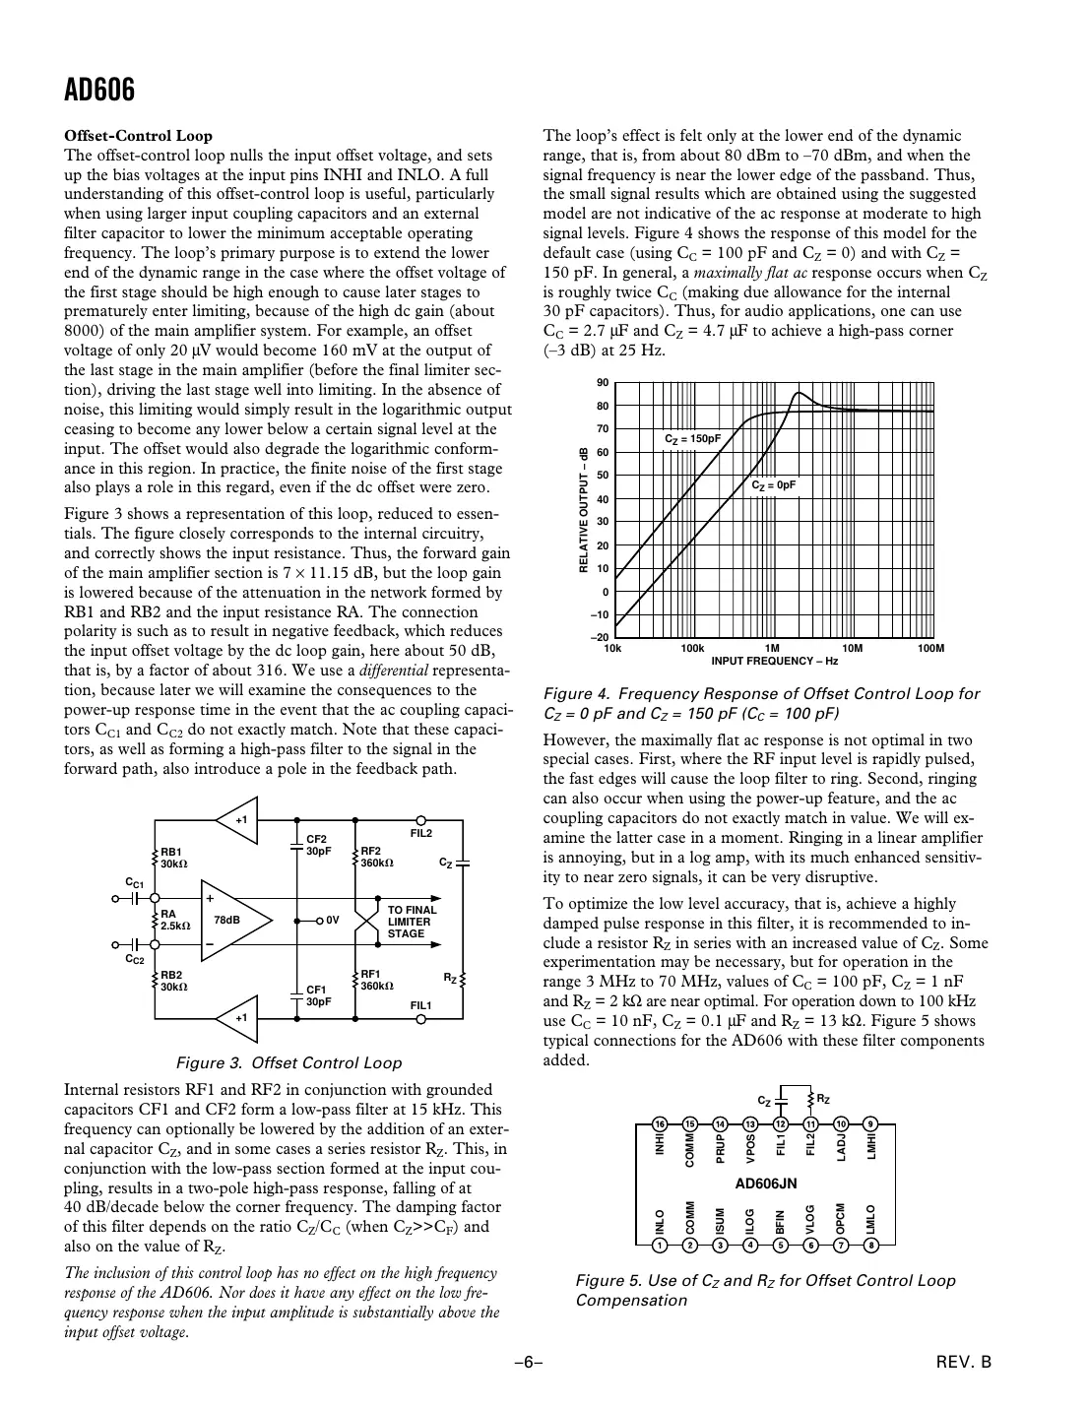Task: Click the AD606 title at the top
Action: click(x=99, y=91)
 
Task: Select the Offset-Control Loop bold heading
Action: click(x=138, y=136)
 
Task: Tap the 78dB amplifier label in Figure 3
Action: click(x=226, y=920)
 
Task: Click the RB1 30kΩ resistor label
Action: click(x=174, y=858)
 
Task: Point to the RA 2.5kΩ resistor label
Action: click(x=175, y=920)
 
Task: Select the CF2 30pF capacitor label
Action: click(x=318, y=845)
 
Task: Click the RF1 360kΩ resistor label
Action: click(x=376, y=980)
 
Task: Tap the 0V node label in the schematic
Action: click(x=332, y=921)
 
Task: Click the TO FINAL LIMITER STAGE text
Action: click(x=412, y=922)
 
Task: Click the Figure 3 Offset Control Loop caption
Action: click(x=288, y=1062)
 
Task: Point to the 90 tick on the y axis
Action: click(x=603, y=382)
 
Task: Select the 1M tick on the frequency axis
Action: click(x=772, y=648)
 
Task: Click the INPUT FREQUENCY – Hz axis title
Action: click(x=775, y=661)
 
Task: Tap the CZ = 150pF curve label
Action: click(x=692, y=438)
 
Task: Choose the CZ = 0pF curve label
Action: click(x=773, y=485)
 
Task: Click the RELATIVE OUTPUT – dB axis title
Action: click(x=583, y=510)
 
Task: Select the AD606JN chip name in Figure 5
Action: click(x=766, y=1183)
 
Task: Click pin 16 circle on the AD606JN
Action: click(x=661, y=1123)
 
